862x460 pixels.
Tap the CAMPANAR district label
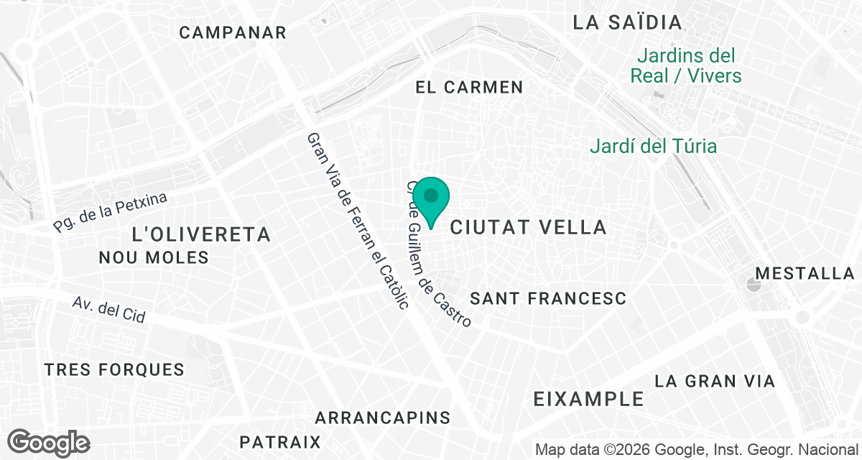233,32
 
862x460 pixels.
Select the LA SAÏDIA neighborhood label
627,22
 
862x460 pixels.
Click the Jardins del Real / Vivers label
685,65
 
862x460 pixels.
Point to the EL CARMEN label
469,88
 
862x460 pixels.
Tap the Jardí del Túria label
653,147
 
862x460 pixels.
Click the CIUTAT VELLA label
528,228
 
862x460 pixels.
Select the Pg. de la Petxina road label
110,212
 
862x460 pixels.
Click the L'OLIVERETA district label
202,234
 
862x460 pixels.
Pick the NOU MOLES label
154,257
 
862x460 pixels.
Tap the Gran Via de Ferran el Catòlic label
357,220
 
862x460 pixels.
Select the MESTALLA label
805,274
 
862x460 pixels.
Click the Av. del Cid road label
109,310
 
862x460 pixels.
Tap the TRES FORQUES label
114,370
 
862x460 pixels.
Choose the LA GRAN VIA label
715,381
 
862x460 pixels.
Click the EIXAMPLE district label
589,399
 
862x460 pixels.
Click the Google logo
50,442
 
